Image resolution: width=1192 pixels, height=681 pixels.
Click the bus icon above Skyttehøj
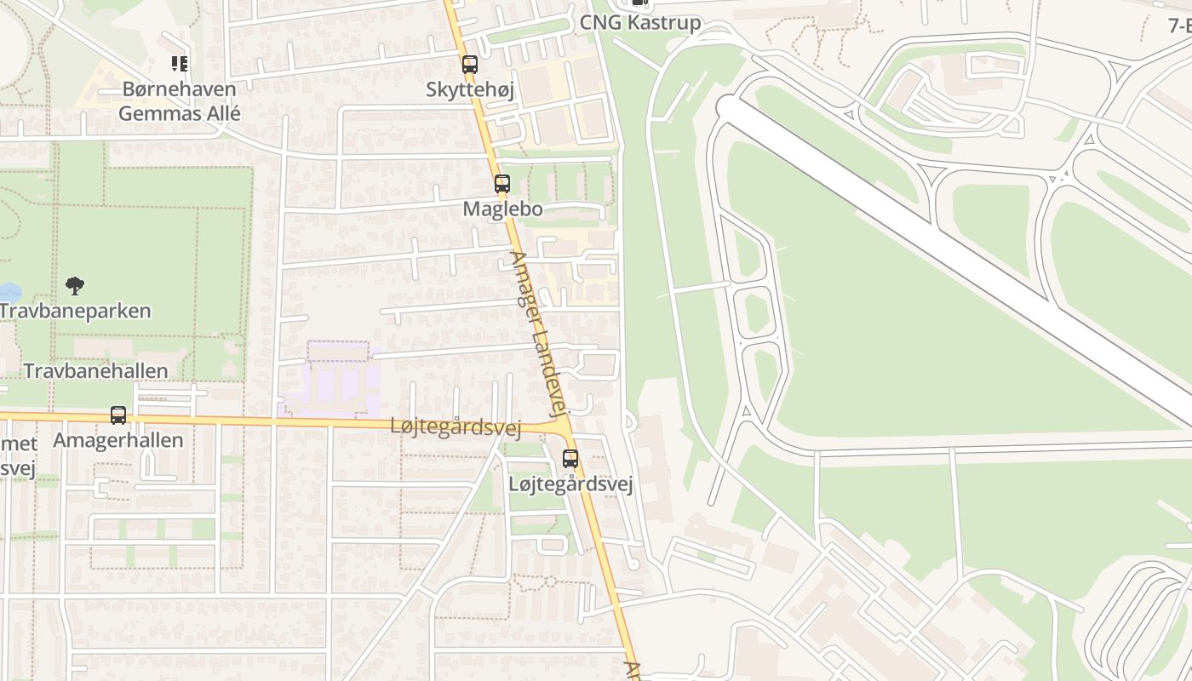[x=469, y=64]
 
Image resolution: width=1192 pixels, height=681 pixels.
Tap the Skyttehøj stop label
[x=470, y=89]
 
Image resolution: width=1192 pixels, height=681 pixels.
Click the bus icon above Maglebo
[x=502, y=183]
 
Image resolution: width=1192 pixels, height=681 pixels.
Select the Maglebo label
[x=502, y=209]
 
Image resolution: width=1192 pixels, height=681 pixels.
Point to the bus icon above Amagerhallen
[x=118, y=415]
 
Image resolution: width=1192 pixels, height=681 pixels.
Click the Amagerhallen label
[x=118, y=440]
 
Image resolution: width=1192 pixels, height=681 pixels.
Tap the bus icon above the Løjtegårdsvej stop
[x=570, y=459]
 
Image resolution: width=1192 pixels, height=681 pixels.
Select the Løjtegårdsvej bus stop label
[x=570, y=484]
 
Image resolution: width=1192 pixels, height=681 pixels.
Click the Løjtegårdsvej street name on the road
[x=456, y=426]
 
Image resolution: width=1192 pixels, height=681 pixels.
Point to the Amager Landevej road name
[x=539, y=332]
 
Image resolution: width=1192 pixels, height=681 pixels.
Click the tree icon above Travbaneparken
[x=75, y=286]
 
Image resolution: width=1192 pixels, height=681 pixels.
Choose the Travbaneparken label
[x=75, y=311]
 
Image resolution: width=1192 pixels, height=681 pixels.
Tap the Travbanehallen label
[x=95, y=371]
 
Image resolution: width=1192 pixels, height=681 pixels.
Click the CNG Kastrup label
[x=640, y=22]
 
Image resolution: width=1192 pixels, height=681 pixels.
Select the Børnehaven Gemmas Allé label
[x=180, y=100]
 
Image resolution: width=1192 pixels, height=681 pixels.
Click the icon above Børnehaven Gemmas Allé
[x=180, y=63]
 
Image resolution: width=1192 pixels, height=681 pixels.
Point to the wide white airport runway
[x=954, y=255]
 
